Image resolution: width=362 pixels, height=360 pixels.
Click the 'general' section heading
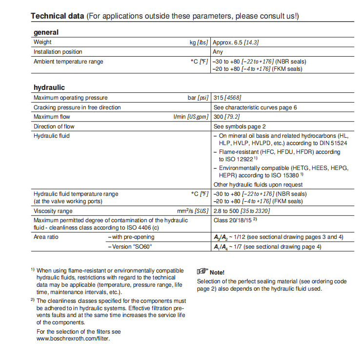coord(46,33)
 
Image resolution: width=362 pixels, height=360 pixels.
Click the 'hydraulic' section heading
coord(49,88)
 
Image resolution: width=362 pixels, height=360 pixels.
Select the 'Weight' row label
coord(42,42)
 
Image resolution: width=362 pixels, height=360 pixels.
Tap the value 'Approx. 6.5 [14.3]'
coord(236,42)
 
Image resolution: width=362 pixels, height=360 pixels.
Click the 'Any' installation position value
coord(218,52)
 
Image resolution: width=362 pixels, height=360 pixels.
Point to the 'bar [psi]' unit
coord(198,98)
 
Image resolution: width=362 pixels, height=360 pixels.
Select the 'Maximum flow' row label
coord(52,117)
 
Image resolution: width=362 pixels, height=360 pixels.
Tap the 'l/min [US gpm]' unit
coord(191,117)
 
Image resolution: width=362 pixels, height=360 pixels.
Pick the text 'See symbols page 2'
coord(240,127)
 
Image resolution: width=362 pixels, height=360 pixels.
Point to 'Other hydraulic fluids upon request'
coord(258,185)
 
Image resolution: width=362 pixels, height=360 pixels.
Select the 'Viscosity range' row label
coord(53,211)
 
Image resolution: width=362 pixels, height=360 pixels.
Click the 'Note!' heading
coord(217,272)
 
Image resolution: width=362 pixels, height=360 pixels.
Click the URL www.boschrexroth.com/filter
coord(73,339)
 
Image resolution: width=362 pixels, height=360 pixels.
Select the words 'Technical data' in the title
coord(57,16)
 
